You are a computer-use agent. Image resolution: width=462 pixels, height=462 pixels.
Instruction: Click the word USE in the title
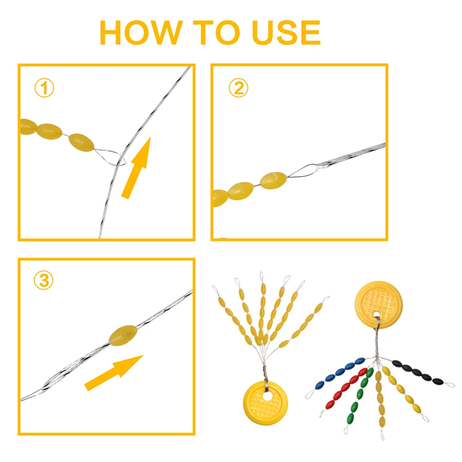click(286, 33)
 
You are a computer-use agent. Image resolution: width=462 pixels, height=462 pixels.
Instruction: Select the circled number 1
click(44, 88)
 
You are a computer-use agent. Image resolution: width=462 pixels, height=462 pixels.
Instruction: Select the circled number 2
click(238, 88)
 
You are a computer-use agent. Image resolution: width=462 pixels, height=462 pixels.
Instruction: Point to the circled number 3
click(43, 280)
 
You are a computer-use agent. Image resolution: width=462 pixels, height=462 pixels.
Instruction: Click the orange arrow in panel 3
click(114, 373)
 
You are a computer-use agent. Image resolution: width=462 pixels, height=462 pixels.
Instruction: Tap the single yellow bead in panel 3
click(123, 335)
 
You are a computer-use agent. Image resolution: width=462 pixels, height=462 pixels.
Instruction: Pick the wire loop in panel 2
click(302, 171)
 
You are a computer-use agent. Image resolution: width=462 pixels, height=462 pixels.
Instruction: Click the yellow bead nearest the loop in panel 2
click(274, 180)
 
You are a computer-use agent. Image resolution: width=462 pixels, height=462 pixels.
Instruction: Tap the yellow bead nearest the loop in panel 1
click(81, 143)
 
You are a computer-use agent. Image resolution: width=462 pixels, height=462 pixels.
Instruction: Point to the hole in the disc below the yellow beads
click(267, 396)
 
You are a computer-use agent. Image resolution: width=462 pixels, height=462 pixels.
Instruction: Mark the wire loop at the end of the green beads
click(346, 429)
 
